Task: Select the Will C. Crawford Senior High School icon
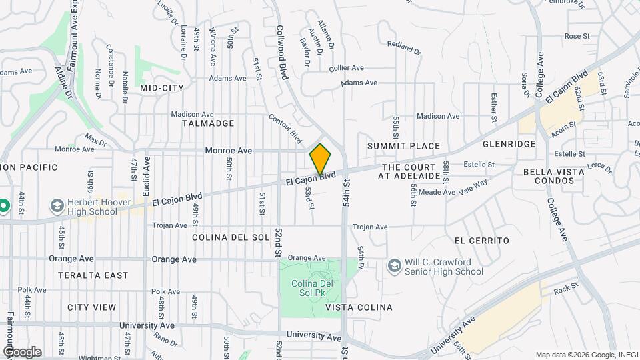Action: (x=393, y=266)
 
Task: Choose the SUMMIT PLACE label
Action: (x=403, y=146)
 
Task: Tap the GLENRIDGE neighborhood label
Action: (x=509, y=144)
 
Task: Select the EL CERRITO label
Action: (x=481, y=240)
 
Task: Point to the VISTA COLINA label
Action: (x=359, y=307)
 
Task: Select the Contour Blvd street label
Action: (x=285, y=127)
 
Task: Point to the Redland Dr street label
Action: (x=404, y=48)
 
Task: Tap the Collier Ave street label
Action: (x=346, y=67)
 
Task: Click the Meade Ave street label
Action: (x=441, y=192)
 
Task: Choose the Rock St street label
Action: (x=563, y=289)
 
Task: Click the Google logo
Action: (x=22, y=352)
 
